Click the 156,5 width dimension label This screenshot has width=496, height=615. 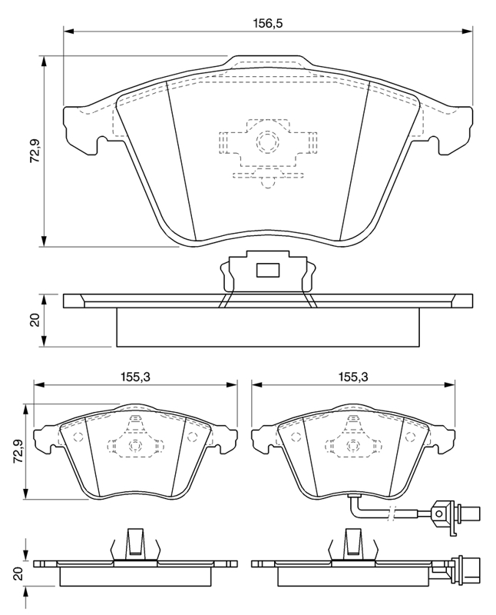[268, 23]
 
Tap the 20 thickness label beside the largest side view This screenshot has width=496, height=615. [36, 321]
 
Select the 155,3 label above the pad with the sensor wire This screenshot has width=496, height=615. [353, 377]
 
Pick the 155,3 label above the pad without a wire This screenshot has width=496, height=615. [136, 377]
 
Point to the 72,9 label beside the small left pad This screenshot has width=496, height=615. [19, 452]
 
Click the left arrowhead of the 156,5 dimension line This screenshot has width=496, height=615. [68, 31]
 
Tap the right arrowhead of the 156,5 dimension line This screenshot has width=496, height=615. [468, 31]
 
